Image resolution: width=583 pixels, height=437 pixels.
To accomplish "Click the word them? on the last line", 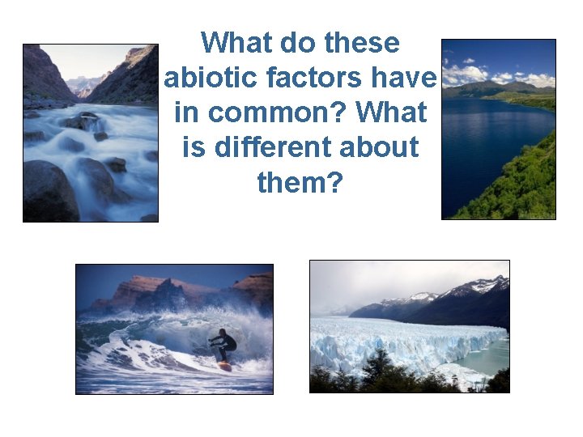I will click(x=300, y=182).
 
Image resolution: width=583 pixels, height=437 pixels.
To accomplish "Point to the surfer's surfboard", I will click(x=223, y=367).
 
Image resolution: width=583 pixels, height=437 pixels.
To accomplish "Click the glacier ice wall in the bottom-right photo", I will click(x=405, y=344).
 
